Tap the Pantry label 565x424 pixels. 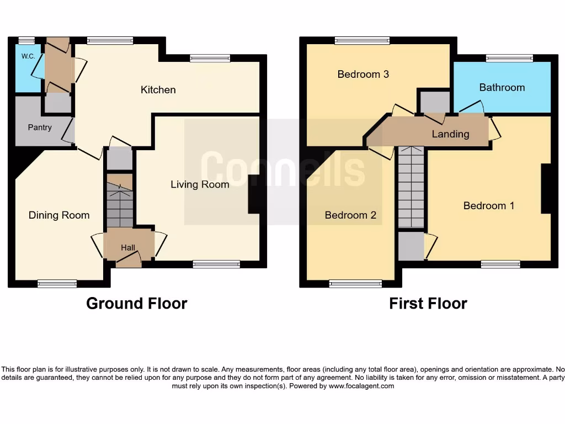40,128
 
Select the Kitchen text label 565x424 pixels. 158,90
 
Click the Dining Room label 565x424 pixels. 59,215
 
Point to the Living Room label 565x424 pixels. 200,184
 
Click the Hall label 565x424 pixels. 128,248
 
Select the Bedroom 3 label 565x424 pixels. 363,74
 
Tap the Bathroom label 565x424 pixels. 502,87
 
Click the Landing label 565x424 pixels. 450,134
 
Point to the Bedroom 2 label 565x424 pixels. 350,215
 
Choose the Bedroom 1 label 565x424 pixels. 489,206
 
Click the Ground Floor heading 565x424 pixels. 136,304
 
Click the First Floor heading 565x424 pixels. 428,304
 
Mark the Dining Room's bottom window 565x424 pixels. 57,284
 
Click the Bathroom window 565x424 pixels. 509,58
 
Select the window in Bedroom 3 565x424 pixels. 362,40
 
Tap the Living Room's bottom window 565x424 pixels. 216,264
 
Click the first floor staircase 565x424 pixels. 411,187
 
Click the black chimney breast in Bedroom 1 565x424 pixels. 546,188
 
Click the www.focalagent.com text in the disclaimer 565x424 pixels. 361,386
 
